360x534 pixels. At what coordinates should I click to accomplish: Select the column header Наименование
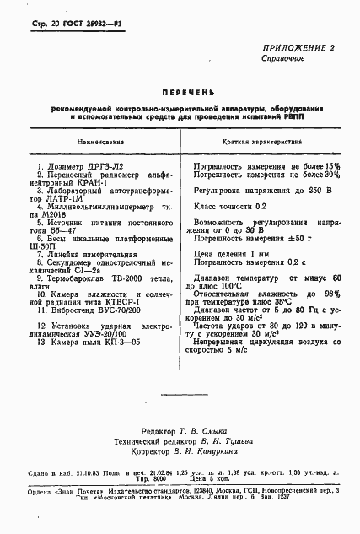click(99, 143)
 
